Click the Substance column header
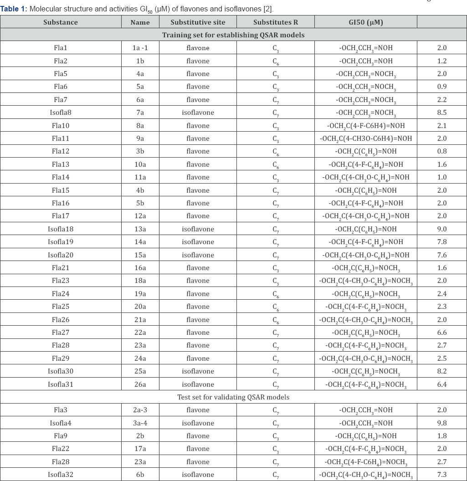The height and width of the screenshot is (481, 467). (x=61, y=22)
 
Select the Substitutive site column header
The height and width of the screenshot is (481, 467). (x=198, y=22)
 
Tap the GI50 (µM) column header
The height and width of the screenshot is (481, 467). (x=365, y=22)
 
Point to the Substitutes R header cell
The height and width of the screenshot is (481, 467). (x=276, y=22)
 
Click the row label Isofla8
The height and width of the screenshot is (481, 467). (x=61, y=113)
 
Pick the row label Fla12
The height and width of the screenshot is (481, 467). (x=61, y=151)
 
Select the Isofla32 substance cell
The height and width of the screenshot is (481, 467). (x=61, y=475)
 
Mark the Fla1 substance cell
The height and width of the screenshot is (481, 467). (x=61, y=48)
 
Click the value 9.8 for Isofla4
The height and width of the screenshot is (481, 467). (x=442, y=423)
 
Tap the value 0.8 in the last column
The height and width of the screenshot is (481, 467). (x=442, y=151)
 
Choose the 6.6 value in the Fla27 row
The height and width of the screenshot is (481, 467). (x=442, y=333)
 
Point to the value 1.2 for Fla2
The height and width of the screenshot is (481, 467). (x=442, y=61)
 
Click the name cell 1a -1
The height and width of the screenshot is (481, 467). (x=140, y=48)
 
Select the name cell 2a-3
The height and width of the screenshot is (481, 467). (x=140, y=410)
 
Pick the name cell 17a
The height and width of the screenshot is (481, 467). (x=140, y=449)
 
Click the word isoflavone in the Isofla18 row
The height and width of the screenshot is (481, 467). (x=198, y=229)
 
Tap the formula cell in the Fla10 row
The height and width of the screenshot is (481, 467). (x=365, y=126)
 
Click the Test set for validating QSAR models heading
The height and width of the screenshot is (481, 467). (x=233, y=397)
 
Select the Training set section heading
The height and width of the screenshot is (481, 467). (x=233, y=35)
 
